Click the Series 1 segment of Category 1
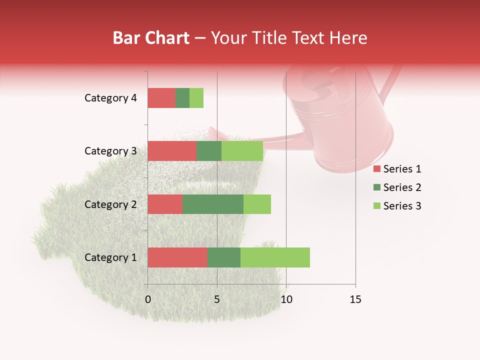click(x=177, y=257)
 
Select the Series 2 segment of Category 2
click(x=213, y=204)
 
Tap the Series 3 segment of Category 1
click(x=275, y=257)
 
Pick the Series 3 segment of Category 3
click(x=242, y=151)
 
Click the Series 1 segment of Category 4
click(x=161, y=98)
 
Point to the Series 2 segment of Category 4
click(x=182, y=98)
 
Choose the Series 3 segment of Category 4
click(x=196, y=98)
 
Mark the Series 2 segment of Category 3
click(x=209, y=151)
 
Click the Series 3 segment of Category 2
click(x=257, y=204)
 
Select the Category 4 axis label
click(x=110, y=98)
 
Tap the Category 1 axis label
click(x=110, y=257)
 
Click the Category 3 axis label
click(x=110, y=151)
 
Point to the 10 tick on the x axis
click(x=286, y=299)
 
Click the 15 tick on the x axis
click(x=355, y=299)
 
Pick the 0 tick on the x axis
click(x=148, y=299)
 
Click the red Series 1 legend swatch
click(x=376, y=169)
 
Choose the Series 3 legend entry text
click(x=402, y=205)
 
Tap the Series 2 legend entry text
click(x=402, y=187)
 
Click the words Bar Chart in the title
click(x=150, y=37)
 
